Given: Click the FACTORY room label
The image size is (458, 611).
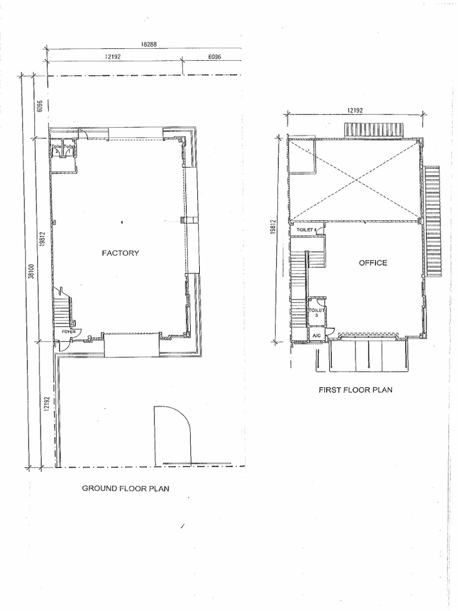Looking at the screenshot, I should pyautogui.click(x=120, y=253).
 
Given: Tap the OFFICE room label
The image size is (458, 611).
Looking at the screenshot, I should pyautogui.click(x=373, y=263).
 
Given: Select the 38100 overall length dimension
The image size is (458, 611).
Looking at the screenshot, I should pyautogui.click(x=30, y=273).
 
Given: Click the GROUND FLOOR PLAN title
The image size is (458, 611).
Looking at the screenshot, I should pyautogui.click(x=126, y=488).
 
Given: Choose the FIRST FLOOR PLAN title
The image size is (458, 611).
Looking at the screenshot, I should pyautogui.click(x=355, y=390).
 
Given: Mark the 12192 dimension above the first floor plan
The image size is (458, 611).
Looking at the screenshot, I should pyautogui.click(x=355, y=110).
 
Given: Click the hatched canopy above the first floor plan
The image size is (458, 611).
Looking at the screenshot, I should pyautogui.click(x=374, y=129).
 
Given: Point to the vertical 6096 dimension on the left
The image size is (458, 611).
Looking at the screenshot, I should pyautogui.click(x=39, y=106).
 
